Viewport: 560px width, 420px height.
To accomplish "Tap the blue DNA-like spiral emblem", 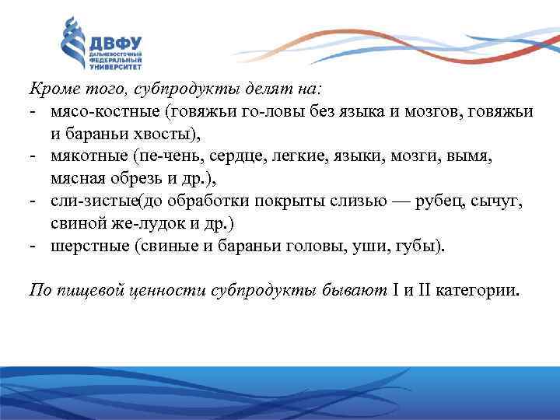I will click(73, 44).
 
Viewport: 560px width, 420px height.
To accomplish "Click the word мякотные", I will click(86, 156).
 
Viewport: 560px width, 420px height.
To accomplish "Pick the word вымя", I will click(472, 156).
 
